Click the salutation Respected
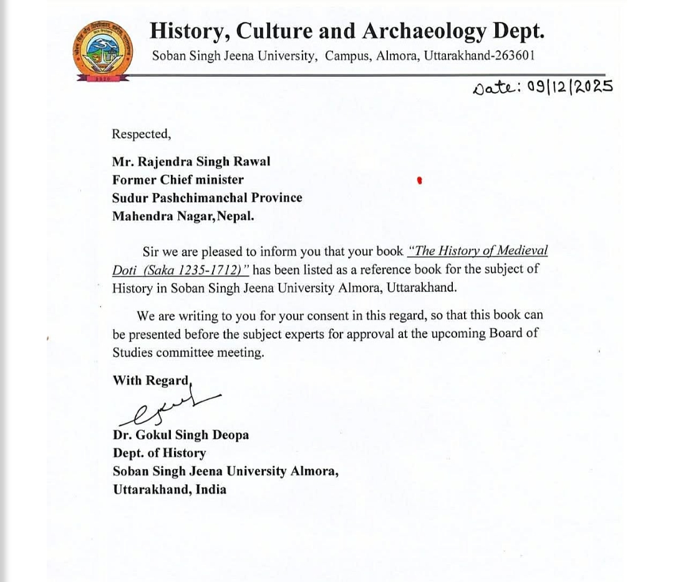140,134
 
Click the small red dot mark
420,180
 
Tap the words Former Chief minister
178,180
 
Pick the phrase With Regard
151,380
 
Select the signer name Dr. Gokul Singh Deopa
180,435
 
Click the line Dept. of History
159,453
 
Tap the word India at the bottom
211,490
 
